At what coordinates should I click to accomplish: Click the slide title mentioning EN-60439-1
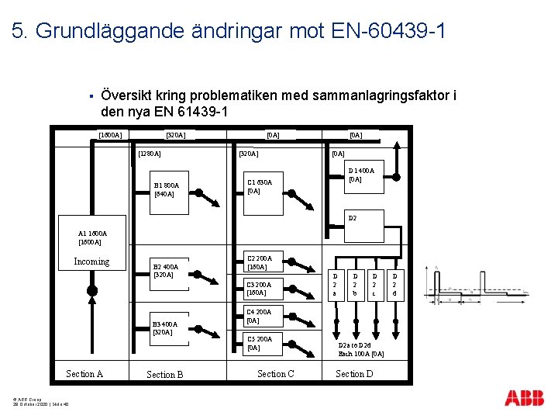pos(229,31)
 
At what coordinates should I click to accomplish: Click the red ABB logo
pos(525,398)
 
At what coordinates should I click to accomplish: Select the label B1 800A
pos(167,185)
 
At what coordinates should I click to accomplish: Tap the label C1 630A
pos(259,182)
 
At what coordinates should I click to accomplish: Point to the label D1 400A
pos(361,171)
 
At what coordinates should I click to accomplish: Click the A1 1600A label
pos(93,233)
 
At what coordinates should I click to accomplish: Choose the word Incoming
pos(91,261)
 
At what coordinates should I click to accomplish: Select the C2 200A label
pos(259,258)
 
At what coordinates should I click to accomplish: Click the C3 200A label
pos(259,284)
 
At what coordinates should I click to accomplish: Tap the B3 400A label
pos(165,324)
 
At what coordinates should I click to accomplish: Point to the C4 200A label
pos(259,312)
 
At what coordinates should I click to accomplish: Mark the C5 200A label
pos(259,339)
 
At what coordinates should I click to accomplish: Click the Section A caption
pos(84,374)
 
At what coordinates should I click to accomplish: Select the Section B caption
pos(165,375)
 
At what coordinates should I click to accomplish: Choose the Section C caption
pos(276,374)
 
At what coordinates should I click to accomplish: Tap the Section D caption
pos(354,374)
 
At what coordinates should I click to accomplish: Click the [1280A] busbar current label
pos(150,154)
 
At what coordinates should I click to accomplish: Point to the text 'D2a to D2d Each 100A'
pos(361,349)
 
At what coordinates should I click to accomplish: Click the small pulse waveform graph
pos(474,286)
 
